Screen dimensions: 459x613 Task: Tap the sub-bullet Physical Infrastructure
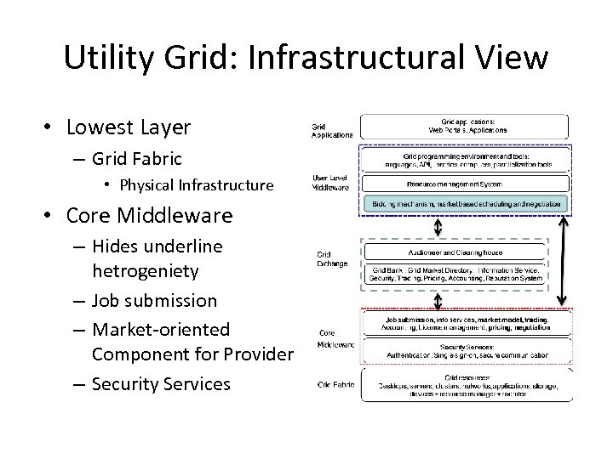point(197,184)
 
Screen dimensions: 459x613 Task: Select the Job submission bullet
point(154,300)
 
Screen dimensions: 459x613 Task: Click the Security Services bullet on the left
point(161,383)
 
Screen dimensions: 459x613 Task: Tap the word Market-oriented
point(161,328)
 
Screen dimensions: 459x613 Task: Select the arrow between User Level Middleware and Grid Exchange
point(438,227)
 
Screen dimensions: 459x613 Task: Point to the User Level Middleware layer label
point(330,183)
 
